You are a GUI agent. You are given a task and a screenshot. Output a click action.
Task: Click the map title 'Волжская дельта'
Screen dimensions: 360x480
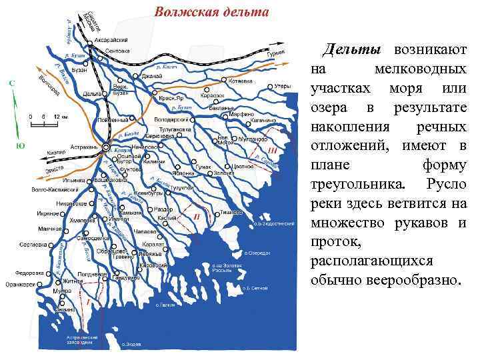coord(212,12)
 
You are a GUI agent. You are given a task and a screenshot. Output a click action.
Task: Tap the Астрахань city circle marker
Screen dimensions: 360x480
coord(105,147)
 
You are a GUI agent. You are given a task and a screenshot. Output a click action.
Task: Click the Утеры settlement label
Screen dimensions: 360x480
coord(282,86)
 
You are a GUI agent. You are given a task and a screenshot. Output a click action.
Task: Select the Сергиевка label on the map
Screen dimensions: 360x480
coord(33,245)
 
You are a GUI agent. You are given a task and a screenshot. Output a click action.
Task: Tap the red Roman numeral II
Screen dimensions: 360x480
coord(196,217)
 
